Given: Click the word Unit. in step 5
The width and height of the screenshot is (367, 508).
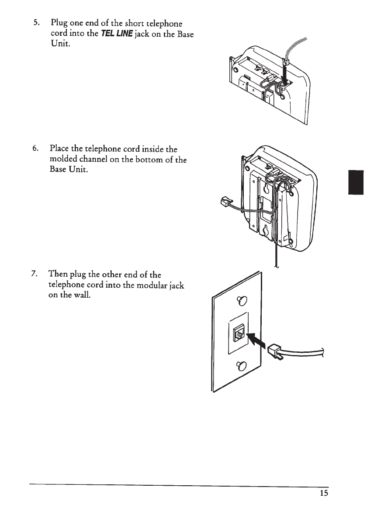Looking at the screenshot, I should click(61, 46).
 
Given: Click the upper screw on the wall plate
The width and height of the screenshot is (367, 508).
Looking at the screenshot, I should click(240, 300).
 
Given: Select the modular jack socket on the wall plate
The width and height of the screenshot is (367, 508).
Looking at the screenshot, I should click(239, 334).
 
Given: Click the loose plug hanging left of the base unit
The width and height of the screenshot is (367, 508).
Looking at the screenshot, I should click(222, 202).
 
